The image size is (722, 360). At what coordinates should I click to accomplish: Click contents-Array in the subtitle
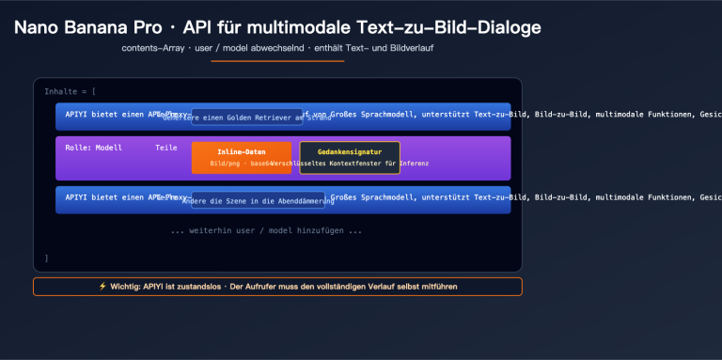pyautogui.click(x=150, y=47)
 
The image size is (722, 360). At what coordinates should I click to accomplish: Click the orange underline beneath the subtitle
pyautogui.click(x=277, y=60)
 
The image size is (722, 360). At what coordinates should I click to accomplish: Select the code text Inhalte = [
pyautogui.click(x=70, y=91)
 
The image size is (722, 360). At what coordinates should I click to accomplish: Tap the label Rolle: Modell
pyautogui.click(x=94, y=148)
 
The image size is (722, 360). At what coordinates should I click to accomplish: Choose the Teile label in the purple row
pyautogui.click(x=165, y=148)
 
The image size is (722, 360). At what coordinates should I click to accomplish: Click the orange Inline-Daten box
pyautogui.click(x=241, y=157)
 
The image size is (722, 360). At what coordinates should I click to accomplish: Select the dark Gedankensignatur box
pyautogui.click(x=349, y=157)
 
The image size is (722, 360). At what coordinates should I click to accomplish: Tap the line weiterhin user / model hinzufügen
pyautogui.click(x=266, y=230)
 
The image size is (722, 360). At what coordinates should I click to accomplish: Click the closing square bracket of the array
pyautogui.click(x=46, y=258)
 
